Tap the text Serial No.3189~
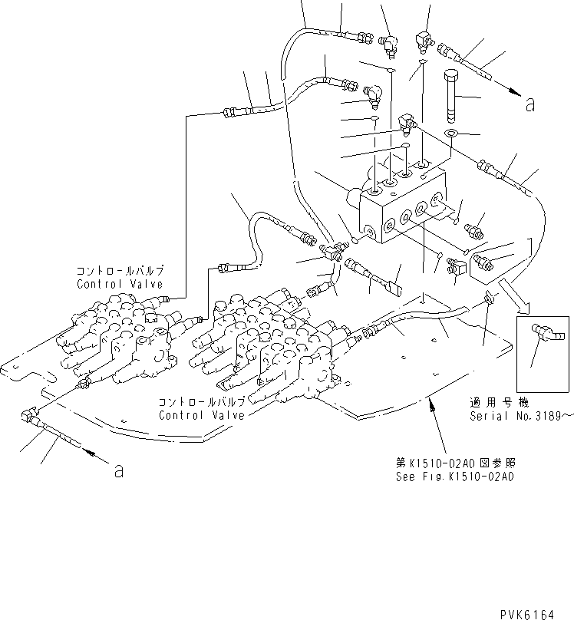click(521, 416)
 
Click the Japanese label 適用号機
click(491, 402)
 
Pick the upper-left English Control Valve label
click(120, 283)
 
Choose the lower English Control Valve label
click(202, 415)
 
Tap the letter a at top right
click(529, 104)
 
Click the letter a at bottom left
click(118, 470)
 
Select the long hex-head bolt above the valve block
click(450, 94)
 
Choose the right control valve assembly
click(269, 345)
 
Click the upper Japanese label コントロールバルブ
click(119, 272)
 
